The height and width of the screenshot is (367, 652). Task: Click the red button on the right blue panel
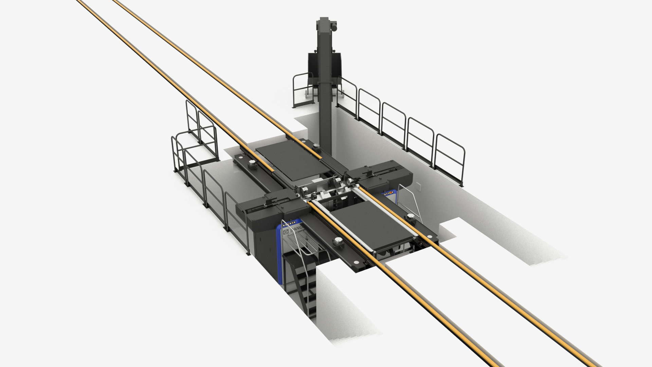391,193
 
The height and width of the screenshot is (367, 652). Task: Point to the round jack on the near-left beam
338,242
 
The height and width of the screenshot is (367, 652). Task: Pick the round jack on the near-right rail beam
411,217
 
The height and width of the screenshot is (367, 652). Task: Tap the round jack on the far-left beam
252,163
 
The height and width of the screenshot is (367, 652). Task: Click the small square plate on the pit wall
418,186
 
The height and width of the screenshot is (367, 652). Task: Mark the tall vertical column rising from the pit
325,85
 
